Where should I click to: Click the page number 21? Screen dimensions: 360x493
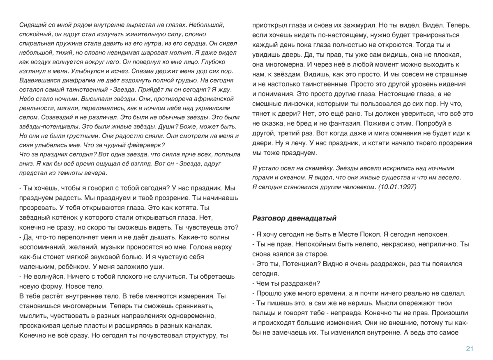tap(470, 349)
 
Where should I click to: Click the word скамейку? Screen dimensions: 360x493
tap(316, 168)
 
